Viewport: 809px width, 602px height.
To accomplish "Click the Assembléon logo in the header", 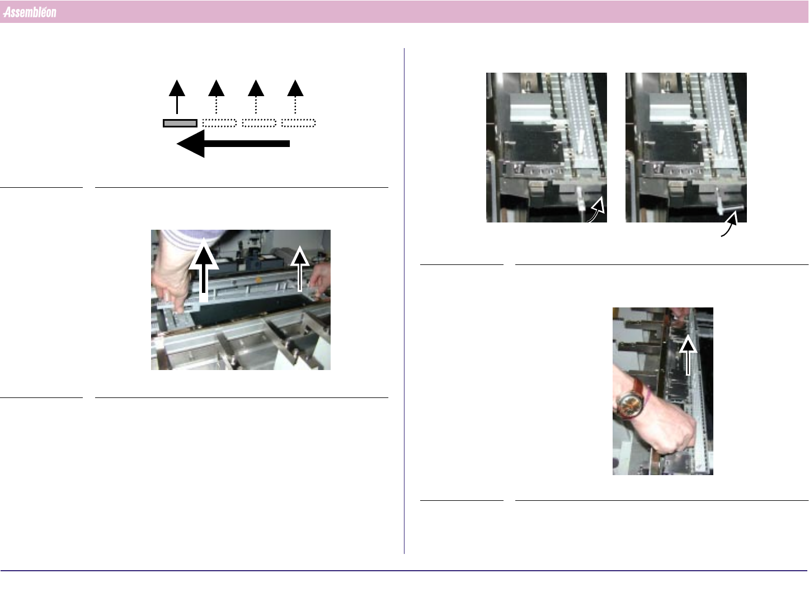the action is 30,12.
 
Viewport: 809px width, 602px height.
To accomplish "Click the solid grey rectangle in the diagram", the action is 180,124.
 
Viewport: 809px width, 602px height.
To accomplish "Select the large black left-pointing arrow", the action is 233,144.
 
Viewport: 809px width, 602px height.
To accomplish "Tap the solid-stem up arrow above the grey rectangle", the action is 177,97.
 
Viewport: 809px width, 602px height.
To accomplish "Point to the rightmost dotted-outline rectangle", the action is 298,123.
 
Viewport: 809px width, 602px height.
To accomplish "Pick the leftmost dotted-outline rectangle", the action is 219,123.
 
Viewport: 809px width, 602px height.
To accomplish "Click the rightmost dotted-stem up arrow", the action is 295,97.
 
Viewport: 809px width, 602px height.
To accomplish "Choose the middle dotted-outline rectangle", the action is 259,123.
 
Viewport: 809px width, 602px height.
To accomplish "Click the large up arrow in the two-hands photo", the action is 204,269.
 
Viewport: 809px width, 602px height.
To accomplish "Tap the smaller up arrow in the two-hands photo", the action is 300,269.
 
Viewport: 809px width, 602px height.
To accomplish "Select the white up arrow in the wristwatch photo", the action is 688,355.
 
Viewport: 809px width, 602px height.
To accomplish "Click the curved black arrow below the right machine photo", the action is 730,225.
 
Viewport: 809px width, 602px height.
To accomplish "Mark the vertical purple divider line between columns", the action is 404,301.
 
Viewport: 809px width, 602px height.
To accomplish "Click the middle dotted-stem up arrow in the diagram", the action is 256,97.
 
